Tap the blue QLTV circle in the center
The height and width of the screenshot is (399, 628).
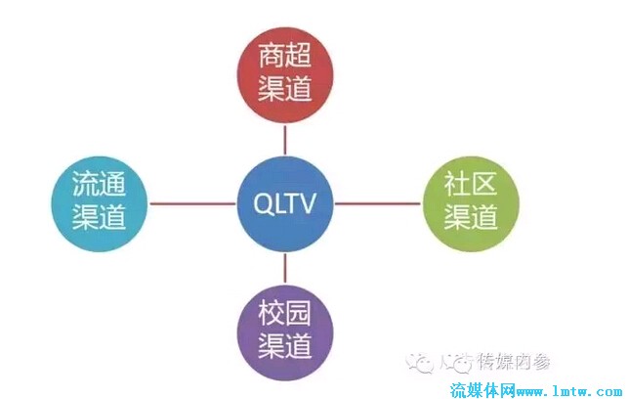pyautogui.click(x=286, y=203)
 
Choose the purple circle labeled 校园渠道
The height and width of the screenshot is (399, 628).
pyautogui.click(x=285, y=331)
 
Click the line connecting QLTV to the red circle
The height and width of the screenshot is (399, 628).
pyautogui.click(x=285, y=136)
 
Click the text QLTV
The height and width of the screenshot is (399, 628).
pyautogui.click(x=286, y=203)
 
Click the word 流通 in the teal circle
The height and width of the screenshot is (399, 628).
pyautogui.click(x=100, y=186)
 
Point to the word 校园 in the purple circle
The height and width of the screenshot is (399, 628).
pyautogui.click(x=285, y=314)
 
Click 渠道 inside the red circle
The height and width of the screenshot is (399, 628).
pyautogui.click(x=285, y=89)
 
